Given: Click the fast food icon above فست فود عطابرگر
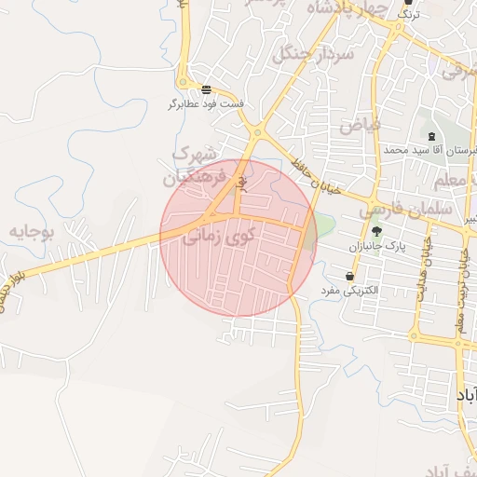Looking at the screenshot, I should (x=206, y=89).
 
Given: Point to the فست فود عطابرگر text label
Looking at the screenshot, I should (x=206, y=103).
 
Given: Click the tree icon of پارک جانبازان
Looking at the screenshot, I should (x=376, y=232).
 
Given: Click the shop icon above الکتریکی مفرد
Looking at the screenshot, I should (x=349, y=276).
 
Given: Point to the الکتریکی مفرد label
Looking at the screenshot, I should (x=349, y=291).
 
